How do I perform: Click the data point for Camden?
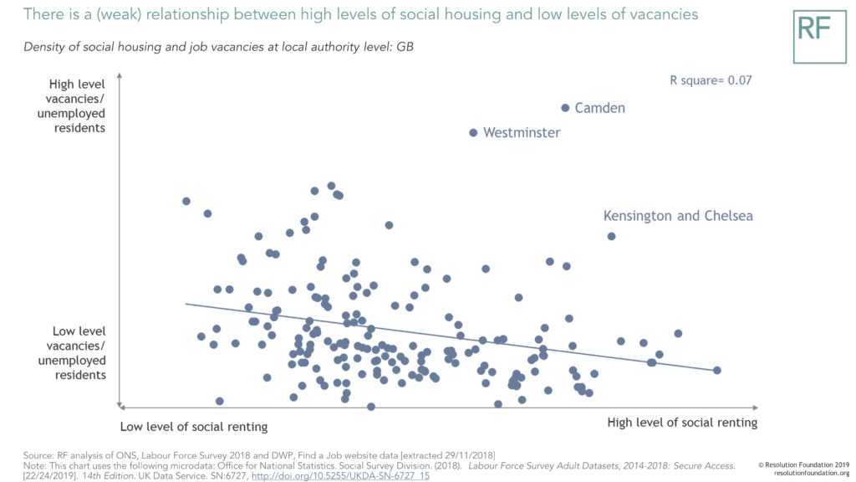coord(565,108)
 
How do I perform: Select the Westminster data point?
coord(473,132)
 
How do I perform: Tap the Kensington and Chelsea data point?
coord(611,236)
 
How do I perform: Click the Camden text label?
coord(600,108)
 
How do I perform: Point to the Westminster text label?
coord(522,132)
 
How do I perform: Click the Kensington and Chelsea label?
coord(678,216)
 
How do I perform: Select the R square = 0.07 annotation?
coord(711,80)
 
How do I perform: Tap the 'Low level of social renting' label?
coord(194,427)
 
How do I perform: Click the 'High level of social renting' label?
coord(682,423)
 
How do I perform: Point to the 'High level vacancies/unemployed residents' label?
coord(77,106)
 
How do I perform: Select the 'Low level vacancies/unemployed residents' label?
coord(77,353)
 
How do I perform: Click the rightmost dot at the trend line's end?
coord(716,370)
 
